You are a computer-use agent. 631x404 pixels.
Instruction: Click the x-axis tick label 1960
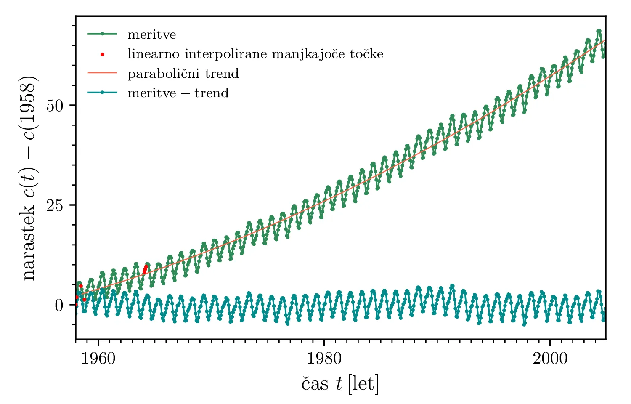[98, 359]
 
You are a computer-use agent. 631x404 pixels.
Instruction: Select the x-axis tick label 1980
[324, 359]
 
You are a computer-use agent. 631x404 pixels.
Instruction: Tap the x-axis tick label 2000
[550, 359]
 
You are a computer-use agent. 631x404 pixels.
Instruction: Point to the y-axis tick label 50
[55, 105]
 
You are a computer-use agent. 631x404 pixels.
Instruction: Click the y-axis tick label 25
[55, 205]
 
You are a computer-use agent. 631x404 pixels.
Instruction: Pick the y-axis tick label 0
[59, 305]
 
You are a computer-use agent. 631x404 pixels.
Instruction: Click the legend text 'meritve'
[152, 35]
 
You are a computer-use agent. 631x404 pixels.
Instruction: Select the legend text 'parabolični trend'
[183, 74]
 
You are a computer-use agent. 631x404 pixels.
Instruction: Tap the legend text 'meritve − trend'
[178, 93]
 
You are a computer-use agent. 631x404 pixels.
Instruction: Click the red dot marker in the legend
[102, 54]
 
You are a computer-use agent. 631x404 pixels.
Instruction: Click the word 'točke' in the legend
[366, 54]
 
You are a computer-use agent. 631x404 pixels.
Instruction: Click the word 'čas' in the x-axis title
[315, 383]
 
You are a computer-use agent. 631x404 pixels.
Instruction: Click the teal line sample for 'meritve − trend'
[102, 93]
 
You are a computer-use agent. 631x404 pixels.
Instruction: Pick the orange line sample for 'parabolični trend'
[102, 73]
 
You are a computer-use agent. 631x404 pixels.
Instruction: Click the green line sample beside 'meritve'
[102, 34]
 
